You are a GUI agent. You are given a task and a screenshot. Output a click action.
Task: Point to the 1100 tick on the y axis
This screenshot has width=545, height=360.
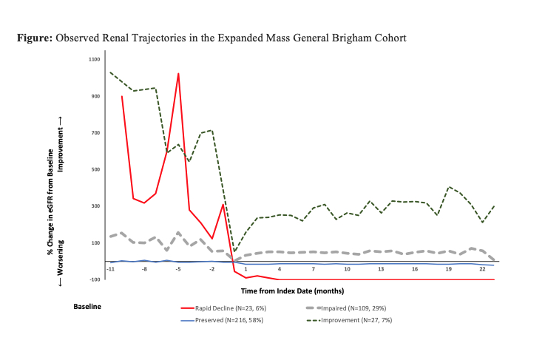pyautogui.click(x=93, y=59)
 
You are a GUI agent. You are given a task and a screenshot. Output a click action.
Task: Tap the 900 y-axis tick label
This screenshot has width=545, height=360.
pyautogui.click(x=95, y=96)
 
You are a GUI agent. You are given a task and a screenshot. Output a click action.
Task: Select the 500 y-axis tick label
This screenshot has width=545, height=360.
pyautogui.click(x=95, y=169)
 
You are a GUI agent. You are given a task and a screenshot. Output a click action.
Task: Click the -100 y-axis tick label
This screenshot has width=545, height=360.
pyautogui.click(x=94, y=279)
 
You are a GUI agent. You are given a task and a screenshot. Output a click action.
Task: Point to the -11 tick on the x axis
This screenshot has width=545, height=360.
pyautogui.click(x=110, y=270)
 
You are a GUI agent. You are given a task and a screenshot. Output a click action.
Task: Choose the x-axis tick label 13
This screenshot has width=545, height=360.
pyautogui.click(x=380, y=270)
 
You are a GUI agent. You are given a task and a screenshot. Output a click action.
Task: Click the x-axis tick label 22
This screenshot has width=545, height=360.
pyautogui.click(x=482, y=270)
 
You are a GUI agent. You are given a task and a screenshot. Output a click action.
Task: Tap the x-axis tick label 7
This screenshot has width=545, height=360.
pyautogui.click(x=313, y=270)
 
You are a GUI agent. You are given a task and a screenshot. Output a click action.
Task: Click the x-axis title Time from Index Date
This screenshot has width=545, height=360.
pyautogui.click(x=302, y=293)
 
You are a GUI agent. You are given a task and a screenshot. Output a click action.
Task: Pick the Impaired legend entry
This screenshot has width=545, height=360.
pyautogui.click(x=348, y=308)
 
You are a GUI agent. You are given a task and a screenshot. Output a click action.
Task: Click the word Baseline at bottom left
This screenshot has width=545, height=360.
pyautogui.click(x=87, y=305)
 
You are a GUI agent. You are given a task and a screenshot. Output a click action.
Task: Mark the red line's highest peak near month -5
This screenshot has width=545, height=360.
pyautogui.click(x=178, y=73)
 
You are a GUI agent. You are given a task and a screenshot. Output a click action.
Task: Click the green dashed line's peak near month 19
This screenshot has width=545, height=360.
pyautogui.click(x=449, y=187)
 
